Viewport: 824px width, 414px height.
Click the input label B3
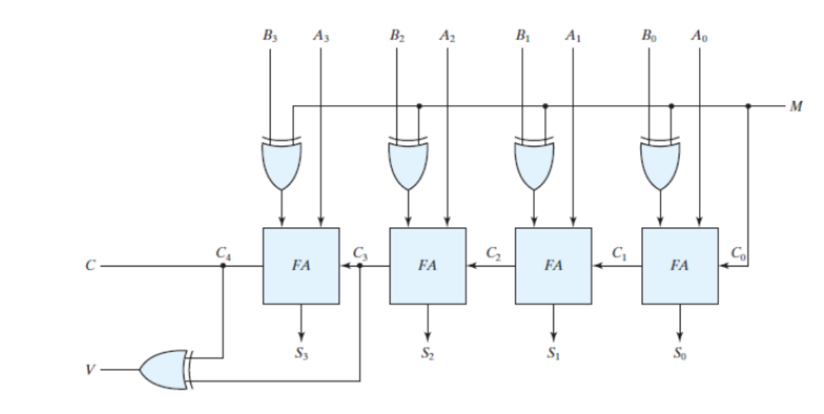tap(270, 35)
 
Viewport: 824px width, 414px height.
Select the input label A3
tap(321, 35)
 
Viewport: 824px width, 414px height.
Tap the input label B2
tap(396, 35)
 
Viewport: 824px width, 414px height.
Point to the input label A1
tap(573, 35)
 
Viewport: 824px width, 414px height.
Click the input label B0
tap(648, 35)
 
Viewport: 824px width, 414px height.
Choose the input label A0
tap(699, 35)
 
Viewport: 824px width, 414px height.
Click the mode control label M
tap(796, 106)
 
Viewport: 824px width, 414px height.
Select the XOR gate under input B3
tap(282, 163)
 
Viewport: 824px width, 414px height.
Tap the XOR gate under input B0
tap(660, 163)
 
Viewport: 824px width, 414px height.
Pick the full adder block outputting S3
tap(300, 266)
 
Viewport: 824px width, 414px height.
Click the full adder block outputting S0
tap(680, 266)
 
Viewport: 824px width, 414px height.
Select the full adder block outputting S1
tap(553, 266)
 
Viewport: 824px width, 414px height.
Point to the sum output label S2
tap(426, 354)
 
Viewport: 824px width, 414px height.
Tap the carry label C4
tap(222, 253)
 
